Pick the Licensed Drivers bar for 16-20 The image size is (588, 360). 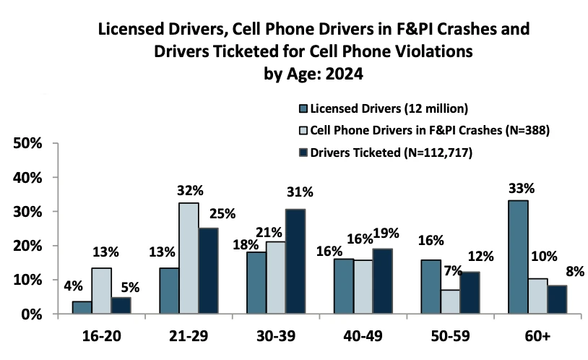pos(83,308)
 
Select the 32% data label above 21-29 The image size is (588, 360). pos(190,192)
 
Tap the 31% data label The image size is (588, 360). pos(299,192)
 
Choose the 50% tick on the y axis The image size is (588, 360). pos(32,144)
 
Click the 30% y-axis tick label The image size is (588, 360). pos(32,212)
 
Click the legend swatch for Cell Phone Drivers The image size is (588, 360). pos(303,130)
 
